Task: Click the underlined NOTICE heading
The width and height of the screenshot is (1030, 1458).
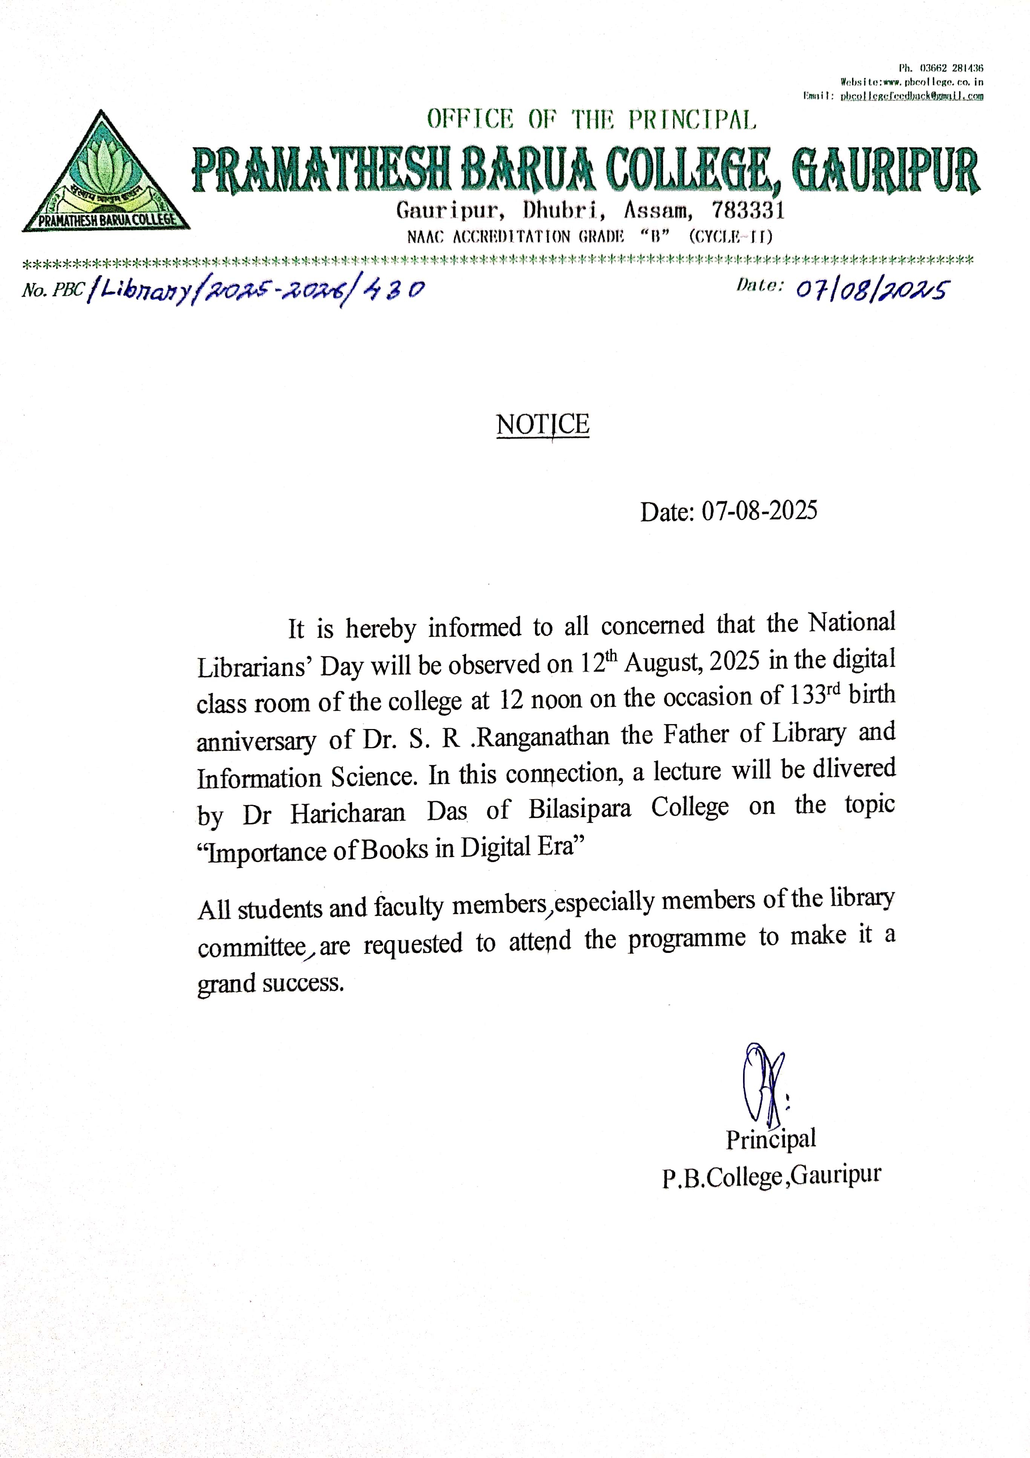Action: point(542,424)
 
